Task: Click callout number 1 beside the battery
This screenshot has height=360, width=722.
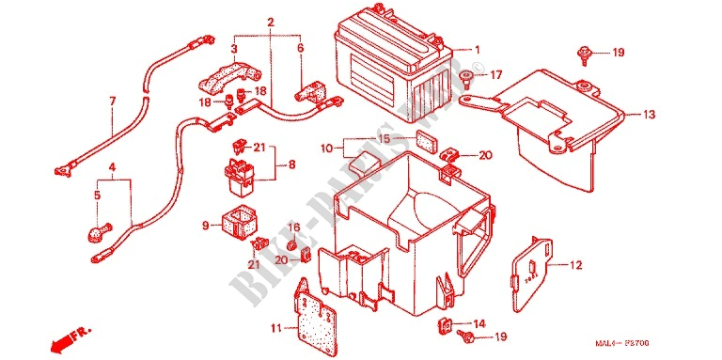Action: (477, 50)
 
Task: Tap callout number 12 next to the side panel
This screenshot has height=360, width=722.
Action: (576, 266)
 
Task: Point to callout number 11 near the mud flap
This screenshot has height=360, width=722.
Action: (275, 327)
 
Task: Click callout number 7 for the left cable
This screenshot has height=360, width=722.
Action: (112, 101)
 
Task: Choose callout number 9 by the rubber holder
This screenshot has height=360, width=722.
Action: (205, 226)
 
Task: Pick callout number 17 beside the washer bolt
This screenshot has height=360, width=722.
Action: (495, 73)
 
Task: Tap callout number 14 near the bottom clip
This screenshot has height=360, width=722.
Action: (479, 323)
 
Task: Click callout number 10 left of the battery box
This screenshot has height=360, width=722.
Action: (326, 149)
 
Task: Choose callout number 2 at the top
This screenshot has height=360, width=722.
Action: (270, 22)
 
